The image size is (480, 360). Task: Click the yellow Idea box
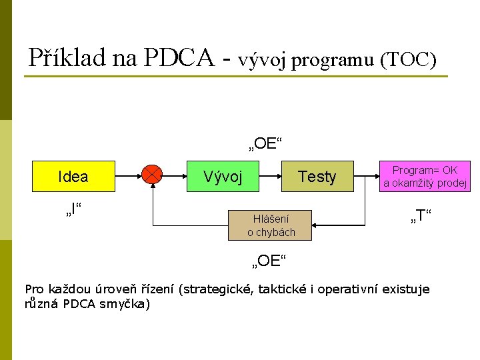coord(73,177)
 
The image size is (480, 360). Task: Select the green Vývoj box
coord(223,177)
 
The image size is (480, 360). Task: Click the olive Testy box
coord(317,177)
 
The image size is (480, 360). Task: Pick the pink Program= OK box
coord(425,177)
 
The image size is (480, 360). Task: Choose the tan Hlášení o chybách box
coord(271,225)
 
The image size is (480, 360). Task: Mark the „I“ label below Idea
coord(73,213)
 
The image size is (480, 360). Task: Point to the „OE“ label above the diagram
coord(266,143)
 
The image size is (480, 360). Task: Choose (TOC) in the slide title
coord(408,60)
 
